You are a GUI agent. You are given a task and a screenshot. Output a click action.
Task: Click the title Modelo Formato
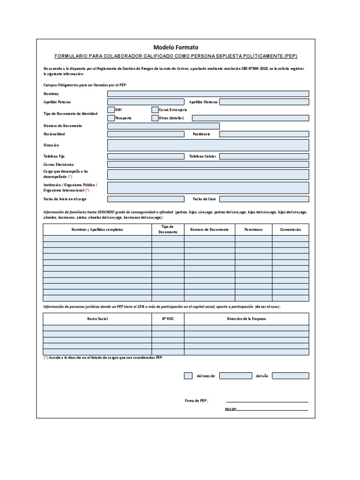176,47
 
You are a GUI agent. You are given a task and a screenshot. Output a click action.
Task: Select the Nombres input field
208,94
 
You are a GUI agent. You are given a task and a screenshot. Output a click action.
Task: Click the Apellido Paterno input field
146,102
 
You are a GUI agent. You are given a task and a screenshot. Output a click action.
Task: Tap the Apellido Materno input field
264,102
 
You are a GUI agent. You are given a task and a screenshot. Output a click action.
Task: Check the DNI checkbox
111,110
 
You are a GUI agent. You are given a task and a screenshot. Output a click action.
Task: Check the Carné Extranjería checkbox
155,110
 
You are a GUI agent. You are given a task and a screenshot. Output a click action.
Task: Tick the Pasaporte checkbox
111,118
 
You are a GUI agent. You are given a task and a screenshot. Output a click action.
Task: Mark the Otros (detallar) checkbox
155,118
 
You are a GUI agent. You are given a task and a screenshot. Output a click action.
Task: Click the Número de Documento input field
163,126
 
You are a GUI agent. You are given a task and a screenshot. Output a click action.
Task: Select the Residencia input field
264,134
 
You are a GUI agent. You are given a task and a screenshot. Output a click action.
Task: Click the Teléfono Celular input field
264,156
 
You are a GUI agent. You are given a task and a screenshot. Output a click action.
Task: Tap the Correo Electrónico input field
208,165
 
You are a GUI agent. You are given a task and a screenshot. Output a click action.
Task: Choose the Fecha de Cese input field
264,199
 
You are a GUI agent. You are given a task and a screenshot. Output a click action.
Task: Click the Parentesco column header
254,230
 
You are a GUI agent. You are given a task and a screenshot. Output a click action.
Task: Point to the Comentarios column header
291,230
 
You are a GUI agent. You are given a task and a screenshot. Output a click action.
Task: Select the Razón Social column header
97,319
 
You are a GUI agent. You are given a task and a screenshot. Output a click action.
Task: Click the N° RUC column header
168,319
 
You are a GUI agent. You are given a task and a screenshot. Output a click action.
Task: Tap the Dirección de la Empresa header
247,319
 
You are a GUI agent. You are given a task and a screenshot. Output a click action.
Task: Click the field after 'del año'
290,376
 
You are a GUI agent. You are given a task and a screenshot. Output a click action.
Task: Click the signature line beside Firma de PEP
267,402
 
